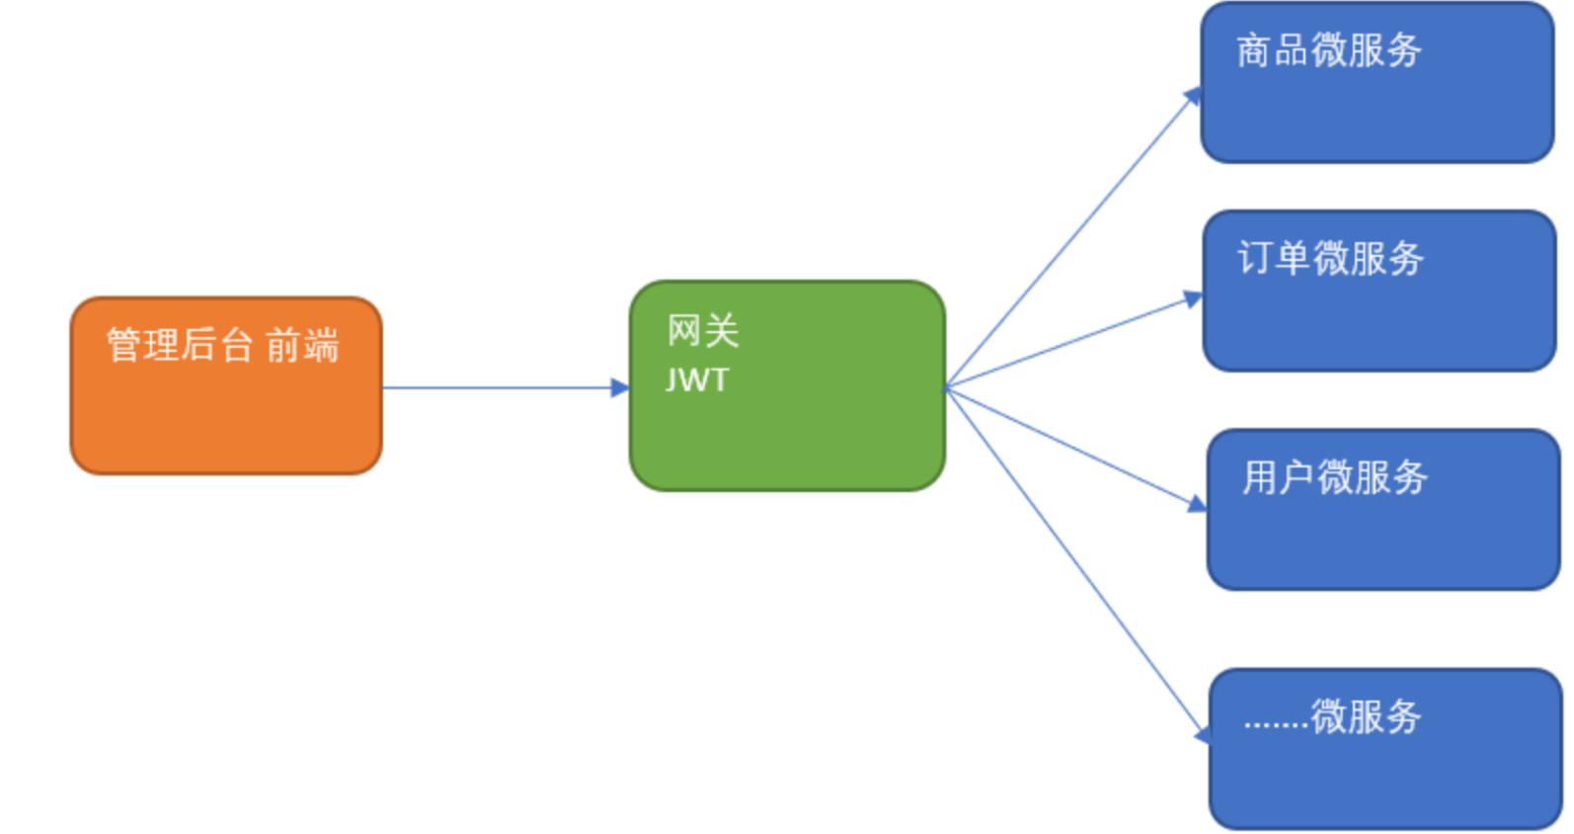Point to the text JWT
697,380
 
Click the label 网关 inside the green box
703,331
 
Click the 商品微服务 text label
1328,50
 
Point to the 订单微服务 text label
1330,259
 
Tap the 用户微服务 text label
1334,477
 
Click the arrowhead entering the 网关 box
621,387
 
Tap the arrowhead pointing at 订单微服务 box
1193,298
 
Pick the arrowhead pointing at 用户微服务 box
1197,504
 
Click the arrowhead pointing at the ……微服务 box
1201,735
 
